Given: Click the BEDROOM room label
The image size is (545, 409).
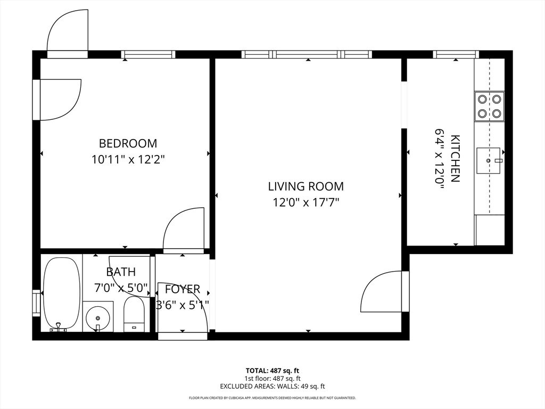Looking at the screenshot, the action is (128, 143).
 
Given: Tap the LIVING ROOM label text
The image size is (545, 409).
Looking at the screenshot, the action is (306, 186).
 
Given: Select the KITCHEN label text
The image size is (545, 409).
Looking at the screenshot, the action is (455, 159).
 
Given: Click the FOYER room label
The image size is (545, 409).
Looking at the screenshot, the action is (183, 289).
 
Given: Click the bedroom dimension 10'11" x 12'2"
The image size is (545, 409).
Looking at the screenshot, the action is (128, 160).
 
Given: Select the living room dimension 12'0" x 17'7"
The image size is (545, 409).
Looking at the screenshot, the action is (306, 202).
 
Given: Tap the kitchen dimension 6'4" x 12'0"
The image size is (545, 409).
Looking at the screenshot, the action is (440, 159).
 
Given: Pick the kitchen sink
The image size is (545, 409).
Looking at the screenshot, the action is (489, 160).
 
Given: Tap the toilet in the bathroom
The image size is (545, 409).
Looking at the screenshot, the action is (134, 314).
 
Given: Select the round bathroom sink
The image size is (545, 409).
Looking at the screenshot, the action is (98, 317).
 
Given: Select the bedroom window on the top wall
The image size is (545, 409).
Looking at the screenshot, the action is (148, 55).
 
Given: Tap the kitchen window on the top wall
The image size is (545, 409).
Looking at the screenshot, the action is (456, 55).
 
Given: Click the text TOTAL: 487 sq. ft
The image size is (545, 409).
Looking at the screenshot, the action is (272, 371).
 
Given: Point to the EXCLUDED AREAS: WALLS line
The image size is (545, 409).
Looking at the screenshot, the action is (272, 386).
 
